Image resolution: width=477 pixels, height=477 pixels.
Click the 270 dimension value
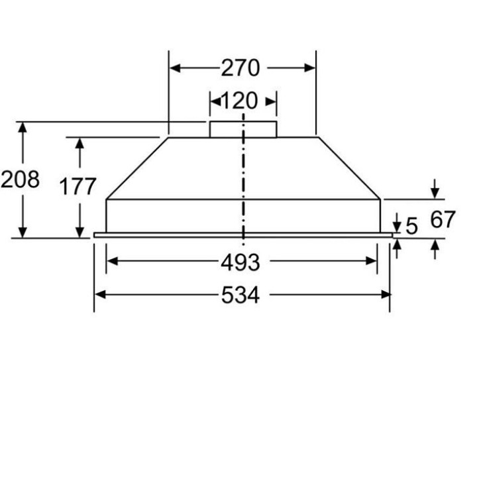pyautogui.click(x=240, y=68)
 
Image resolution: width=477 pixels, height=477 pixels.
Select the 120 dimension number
pyautogui.click(x=238, y=101)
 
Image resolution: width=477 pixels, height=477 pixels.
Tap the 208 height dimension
pyautogui.click(x=20, y=180)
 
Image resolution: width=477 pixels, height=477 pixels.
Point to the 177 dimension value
pyautogui.click(x=78, y=187)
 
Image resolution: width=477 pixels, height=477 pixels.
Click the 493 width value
pyautogui.click(x=240, y=262)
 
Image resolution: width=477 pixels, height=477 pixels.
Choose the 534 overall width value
pyautogui.click(x=240, y=295)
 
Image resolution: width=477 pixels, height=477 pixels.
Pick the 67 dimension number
pyautogui.click(x=443, y=219)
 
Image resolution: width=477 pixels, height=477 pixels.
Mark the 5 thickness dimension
pyautogui.click(x=412, y=227)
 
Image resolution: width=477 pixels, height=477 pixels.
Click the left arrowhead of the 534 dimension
pyautogui.click(x=100, y=294)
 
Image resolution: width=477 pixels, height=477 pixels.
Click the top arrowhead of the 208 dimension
pyautogui.click(x=23, y=128)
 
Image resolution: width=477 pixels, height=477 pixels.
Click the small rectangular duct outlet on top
pyautogui.click(x=242, y=129)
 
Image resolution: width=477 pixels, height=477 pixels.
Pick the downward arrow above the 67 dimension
pyautogui.click(x=435, y=191)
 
